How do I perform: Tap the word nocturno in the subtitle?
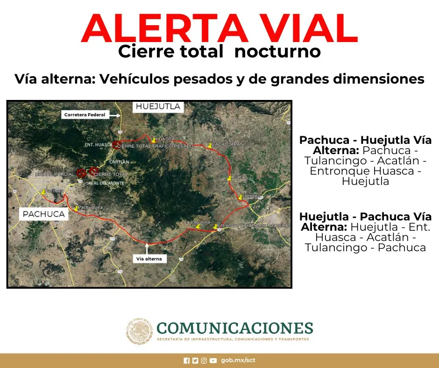pyautogui.click(x=277, y=52)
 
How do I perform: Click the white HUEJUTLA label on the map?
pyautogui.click(x=157, y=107)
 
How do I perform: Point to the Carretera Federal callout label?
pyautogui.click(x=85, y=114)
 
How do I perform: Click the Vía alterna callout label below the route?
pyautogui.click(x=149, y=258)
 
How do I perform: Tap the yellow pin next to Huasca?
pyautogui.click(x=153, y=139)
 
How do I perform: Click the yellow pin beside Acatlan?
pyautogui.click(x=229, y=178)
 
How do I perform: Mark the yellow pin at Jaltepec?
pyautogui.click(x=240, y=197)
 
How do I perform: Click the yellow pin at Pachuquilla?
pyautogui.click(x=76, y=207)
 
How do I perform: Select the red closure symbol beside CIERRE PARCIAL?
pyautogui.click(x=81, y=172)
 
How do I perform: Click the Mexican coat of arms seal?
pyautogui.click(x=139, y=331)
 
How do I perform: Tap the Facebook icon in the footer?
pyautogui.click(x=187, y=361)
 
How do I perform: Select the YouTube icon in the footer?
pyautogui.click(x=213, y=361)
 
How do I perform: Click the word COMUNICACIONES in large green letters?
pyautogui.click(x=234, y=327)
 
